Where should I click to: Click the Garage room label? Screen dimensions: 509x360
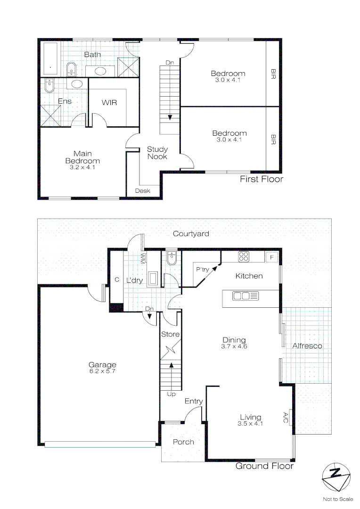[102, 365]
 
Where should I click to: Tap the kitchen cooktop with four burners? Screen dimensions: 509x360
[244, 257]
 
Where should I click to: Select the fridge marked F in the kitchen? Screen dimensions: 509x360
[271, 257]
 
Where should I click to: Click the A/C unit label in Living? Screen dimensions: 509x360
[286, 417]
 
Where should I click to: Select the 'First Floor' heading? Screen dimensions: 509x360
[262, 179]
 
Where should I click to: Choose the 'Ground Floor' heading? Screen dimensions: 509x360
[264, 466]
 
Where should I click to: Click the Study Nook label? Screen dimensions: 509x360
[157, 153]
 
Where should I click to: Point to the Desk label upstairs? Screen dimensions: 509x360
[142, 191]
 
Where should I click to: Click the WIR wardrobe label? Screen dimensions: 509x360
[109, 103]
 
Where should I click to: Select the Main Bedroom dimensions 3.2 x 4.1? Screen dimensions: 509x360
[82, 167]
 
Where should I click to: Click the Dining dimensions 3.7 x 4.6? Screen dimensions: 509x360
[234, 346]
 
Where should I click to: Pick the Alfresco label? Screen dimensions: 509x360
[307, 346]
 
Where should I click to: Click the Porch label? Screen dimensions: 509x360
[183, 442]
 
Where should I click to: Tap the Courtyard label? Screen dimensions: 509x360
[191, 234]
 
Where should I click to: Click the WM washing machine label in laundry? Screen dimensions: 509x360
[142, 258]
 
